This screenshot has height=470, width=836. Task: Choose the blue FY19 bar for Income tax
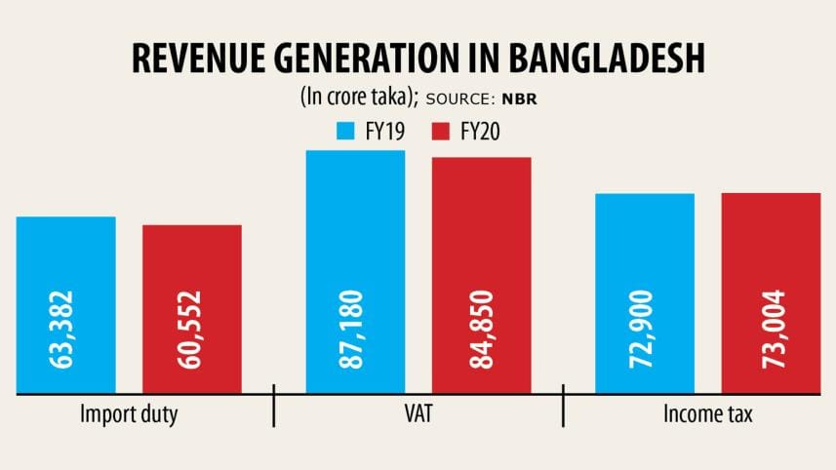coord(645,244)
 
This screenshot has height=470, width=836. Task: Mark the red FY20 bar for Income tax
coord(771,244)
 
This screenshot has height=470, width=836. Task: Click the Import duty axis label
coord(129,415)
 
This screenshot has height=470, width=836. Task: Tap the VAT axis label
coord(418,415)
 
